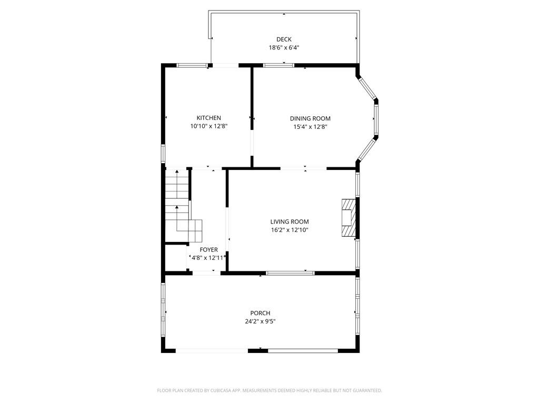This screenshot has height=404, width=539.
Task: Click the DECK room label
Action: pos(284,39)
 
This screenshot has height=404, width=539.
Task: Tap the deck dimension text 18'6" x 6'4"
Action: pos(284,47)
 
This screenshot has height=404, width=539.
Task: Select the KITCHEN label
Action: pos(209,118)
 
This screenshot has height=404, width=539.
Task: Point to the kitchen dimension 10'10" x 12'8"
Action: pos(209,126)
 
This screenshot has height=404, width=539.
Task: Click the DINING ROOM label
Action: pos(310,118)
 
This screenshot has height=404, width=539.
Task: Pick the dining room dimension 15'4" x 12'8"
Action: pos(310,126)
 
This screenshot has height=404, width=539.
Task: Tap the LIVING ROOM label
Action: pos(290,222)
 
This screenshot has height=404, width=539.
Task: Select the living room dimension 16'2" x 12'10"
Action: pos(290,230)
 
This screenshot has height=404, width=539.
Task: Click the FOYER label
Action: pos(208,250)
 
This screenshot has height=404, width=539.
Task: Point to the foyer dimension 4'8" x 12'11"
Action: pos(208,258)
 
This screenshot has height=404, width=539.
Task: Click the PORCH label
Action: pos(260,313)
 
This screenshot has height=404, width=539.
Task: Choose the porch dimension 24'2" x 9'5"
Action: pos(260,321)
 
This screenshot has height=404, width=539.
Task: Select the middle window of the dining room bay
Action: pos(376,118)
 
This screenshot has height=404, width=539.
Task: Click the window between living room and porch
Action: pos(290,273)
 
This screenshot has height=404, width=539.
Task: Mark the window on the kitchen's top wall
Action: pos(192,66)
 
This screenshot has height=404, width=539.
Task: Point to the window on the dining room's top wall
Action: pos(278,66)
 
